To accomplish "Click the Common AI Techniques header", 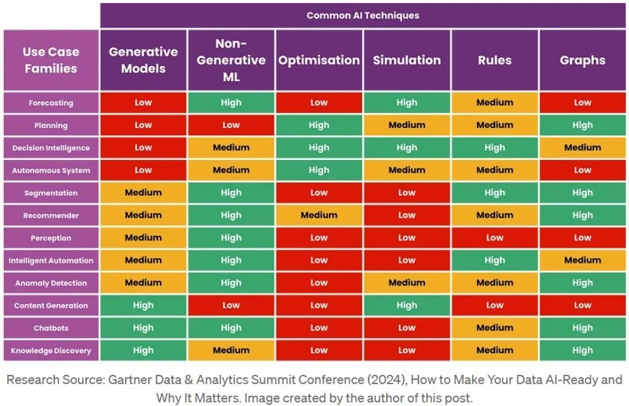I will tap(362, 15).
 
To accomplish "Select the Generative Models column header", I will tap(143, 61).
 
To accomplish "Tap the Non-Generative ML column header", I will tap(231, 61).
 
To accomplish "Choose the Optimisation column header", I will tap(318, 61).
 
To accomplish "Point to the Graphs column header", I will tap(582, 61).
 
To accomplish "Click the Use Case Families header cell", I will tap(50, 61).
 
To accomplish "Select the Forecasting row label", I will tap(50, 103).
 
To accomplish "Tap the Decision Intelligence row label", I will tap(50, 148).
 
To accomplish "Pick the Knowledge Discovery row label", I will tap(50, 350).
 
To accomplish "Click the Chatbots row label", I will tap(50, 328).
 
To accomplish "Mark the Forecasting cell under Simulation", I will tap(407, 103).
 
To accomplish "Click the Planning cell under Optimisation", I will tap(318, 125).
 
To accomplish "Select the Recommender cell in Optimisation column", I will tap(318, 215).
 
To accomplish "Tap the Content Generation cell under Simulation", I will tap(407, 306).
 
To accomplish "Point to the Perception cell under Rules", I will tap(494, 238).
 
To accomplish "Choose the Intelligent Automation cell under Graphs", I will tap(582, 260).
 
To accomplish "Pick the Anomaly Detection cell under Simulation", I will tap(407, 283).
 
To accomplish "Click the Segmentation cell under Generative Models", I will tap(143, 193).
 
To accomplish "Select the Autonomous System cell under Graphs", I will tap(582, 170).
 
